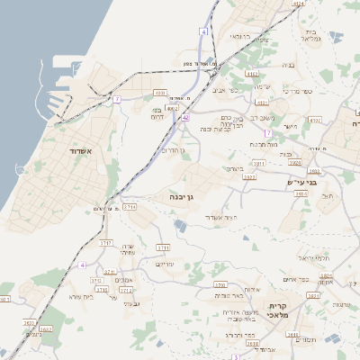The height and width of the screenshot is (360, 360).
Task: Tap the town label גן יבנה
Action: coord(182,194)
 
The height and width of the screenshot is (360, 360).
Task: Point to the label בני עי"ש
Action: coord(292,181)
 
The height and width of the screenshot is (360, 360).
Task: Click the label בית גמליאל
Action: coord(309,34)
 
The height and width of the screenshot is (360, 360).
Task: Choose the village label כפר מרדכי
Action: coord(294,92)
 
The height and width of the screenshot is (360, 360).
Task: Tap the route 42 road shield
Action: coord(185,117)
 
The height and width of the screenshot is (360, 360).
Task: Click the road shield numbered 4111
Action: coord(251,75)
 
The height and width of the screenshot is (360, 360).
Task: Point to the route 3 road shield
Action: coord(236,356)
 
